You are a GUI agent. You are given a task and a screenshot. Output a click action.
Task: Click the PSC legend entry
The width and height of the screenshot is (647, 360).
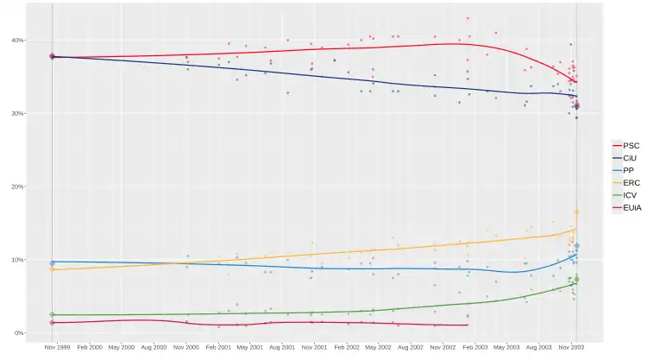pyautogui.click(x=626, y=145)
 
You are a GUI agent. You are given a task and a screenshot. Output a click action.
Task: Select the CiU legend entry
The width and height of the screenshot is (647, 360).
pyautogui.click(x=626, y=158)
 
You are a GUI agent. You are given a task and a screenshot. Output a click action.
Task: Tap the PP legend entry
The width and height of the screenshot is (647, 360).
pyautogui.click(x=625, y=171)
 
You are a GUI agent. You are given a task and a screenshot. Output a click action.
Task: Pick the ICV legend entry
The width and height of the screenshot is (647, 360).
pyautogui.click(x=626, y=196)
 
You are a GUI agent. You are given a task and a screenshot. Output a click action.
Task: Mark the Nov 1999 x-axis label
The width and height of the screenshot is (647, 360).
pyautogui.click(x=57, y=346)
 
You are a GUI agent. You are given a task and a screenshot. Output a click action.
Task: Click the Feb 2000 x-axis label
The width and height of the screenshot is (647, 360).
pyautogui.click(x=89, y=346)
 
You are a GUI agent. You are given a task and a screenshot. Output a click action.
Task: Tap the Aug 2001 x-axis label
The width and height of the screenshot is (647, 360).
pyautogui.click(x=283, y=346)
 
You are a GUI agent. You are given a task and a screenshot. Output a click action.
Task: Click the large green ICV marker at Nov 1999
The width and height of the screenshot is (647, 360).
pyautogui.click(x=52, y=314)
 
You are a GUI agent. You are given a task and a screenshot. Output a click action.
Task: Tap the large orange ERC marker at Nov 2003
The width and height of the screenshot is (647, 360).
pyautogui.click(x=576, y=212)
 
